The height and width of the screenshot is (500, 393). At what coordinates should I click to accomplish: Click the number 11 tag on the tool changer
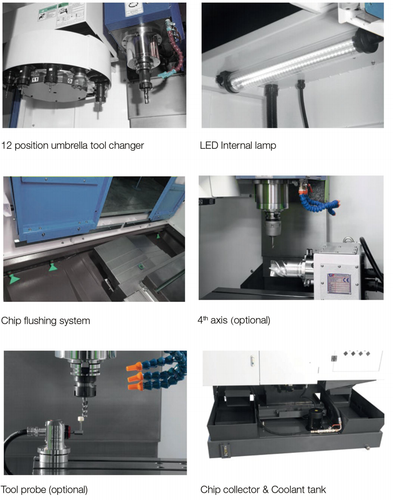[35, 80]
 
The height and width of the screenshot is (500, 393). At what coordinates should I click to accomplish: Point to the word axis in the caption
[219, 320]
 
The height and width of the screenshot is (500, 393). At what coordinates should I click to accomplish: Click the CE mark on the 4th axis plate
[346, 280]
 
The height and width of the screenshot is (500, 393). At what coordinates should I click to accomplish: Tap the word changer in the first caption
[126, 146]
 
